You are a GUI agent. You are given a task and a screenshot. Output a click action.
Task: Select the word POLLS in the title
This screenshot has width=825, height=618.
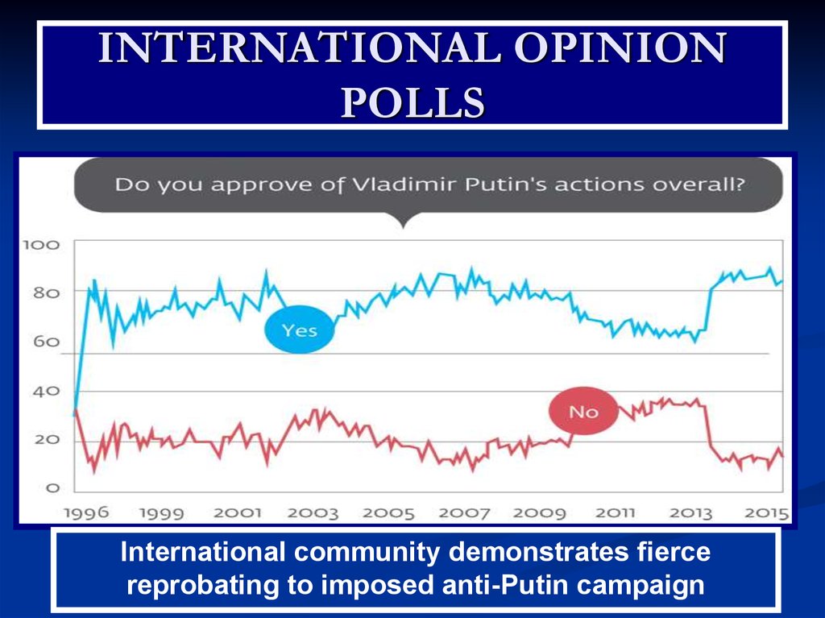coord(412,102)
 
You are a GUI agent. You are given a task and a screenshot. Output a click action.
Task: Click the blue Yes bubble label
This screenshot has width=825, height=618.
coord(299,330)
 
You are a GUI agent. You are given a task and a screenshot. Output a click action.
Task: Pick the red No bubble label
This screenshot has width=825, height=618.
coord(583,412)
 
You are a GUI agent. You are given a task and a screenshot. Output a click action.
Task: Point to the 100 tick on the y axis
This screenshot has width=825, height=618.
coord(40,243)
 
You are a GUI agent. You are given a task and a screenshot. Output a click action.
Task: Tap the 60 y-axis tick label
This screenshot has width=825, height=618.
coord(46,342)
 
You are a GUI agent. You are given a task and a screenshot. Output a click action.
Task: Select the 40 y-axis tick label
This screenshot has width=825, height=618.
coord(46,392)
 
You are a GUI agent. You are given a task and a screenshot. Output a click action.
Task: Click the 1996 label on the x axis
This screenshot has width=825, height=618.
coord(86,513)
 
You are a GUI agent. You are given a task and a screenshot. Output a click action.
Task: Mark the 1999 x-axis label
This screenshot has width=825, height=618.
coord(161,513)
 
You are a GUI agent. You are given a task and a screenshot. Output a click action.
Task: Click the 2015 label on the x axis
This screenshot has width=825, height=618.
coord(766,513)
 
